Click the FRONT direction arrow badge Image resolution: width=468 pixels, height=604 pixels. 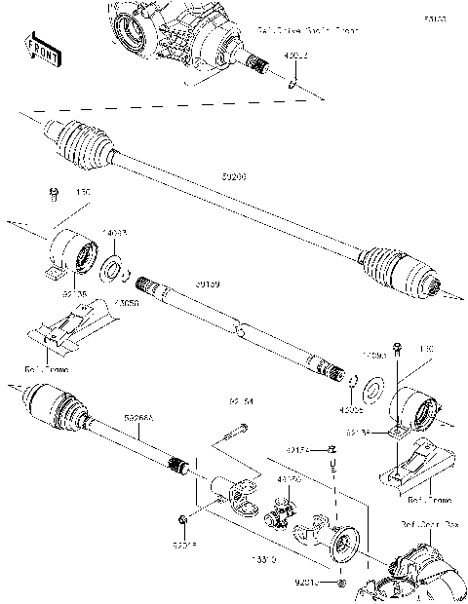click(x=38, y=48)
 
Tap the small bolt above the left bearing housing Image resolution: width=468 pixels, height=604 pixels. click(x=52, y=198)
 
